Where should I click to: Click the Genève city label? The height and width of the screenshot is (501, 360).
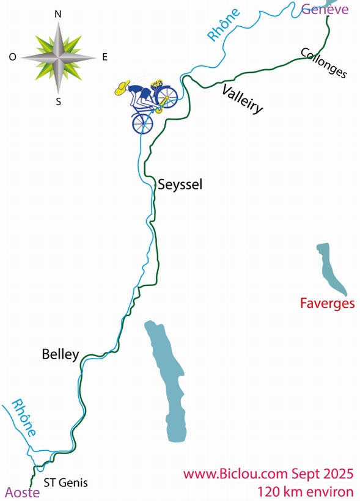click(325, 9)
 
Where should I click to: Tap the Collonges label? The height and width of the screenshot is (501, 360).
click(324, 63)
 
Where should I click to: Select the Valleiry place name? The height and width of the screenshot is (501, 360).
click(243, 99)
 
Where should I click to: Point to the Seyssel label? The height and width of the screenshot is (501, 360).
click(180, 184)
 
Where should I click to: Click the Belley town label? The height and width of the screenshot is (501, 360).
click(61, 354)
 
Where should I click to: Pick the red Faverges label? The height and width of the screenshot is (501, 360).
click(327, 303)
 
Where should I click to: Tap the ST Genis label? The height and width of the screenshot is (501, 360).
click(65, 483)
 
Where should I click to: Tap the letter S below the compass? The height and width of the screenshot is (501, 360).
click(59, 102)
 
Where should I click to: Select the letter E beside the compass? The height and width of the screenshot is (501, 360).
click(105, 57)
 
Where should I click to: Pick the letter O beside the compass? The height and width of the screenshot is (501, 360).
click(12, 57)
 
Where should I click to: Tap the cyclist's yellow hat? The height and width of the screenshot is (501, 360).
click(123, 89)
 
